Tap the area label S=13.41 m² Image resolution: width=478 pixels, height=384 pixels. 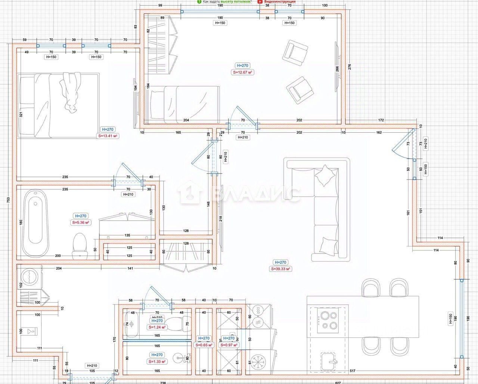108,136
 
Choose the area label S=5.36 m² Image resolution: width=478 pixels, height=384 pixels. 81,222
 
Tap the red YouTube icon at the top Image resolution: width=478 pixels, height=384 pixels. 260,1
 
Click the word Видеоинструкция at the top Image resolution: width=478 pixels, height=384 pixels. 280,1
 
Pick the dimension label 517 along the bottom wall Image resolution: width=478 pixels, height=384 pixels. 353,371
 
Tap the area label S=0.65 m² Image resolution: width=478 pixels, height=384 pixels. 204,345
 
